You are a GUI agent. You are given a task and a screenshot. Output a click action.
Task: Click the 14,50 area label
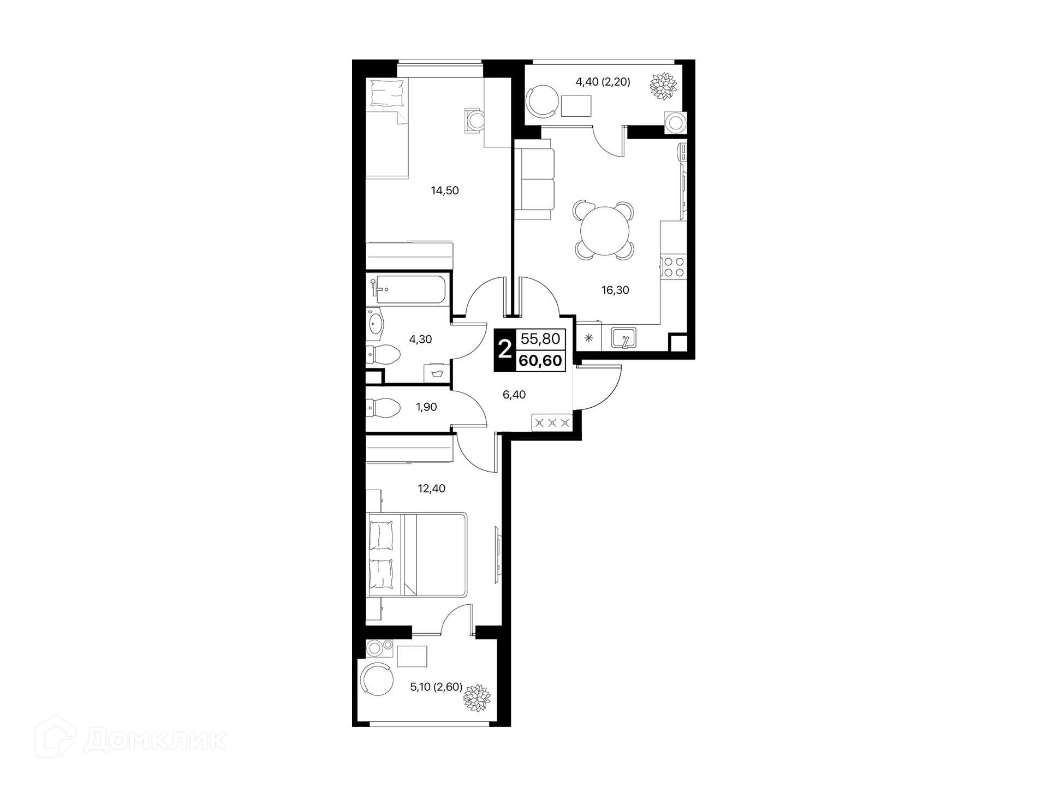(445, 190)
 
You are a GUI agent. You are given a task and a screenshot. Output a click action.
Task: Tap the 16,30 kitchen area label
(615, 290)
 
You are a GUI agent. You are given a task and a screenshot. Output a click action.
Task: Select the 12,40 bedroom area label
(432, 489)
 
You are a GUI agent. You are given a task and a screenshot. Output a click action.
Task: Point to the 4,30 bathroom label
(420, 340)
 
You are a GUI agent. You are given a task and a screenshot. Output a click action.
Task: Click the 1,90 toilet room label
(426, 407)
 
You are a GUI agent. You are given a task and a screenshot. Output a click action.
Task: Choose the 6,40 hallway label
(514, 395)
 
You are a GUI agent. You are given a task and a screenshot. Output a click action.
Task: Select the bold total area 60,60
(540, 361)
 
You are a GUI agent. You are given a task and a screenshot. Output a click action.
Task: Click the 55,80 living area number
(540, 339)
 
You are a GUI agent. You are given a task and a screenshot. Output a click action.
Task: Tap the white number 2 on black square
(505, 349)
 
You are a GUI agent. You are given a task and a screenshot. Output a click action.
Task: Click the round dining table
(604, 230)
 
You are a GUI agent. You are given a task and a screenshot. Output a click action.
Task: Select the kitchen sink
(623, 338)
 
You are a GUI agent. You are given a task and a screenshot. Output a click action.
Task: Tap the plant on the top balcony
(663, 85)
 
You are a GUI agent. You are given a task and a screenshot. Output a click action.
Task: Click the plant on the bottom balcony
(477, 698)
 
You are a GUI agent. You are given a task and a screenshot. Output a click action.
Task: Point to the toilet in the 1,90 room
(383, 407)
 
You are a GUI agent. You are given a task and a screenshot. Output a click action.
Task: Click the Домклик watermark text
(155, 741)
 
